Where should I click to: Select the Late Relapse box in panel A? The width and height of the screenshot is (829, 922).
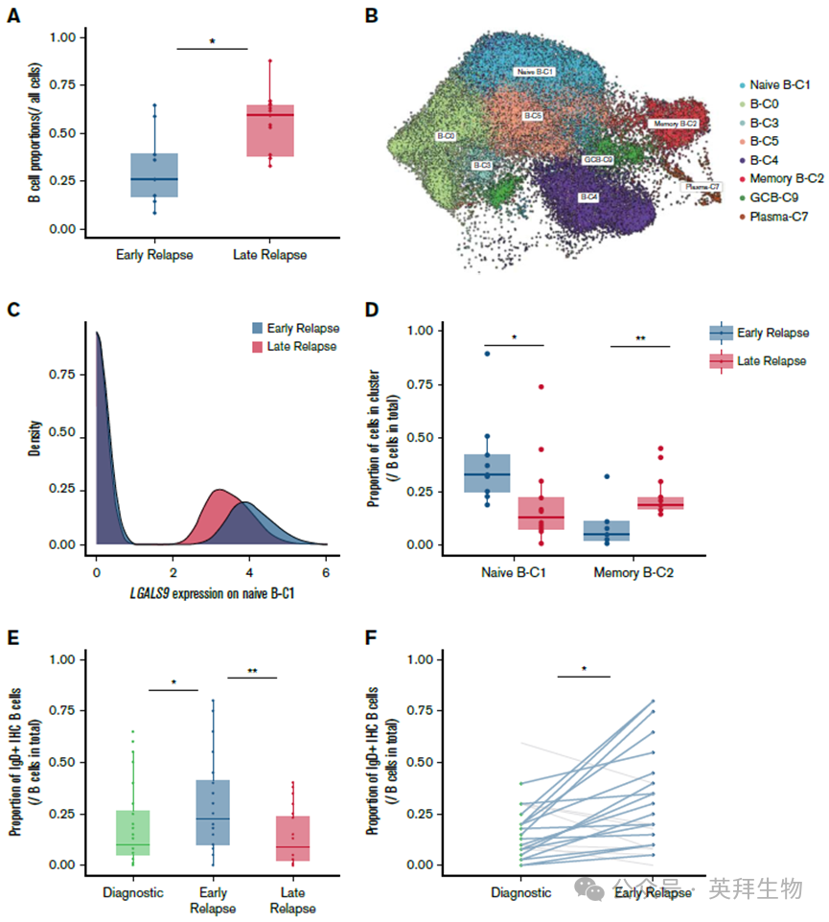pos(270,129)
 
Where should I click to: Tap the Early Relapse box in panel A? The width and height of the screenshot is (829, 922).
pos(153,174)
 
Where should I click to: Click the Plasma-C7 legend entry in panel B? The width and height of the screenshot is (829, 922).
pos(774,217)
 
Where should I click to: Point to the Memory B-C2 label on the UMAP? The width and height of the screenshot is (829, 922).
pos(675,125)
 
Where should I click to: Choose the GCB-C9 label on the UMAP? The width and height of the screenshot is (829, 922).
pos(598,158)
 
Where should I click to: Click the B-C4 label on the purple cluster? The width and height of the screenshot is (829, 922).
pos(587,196)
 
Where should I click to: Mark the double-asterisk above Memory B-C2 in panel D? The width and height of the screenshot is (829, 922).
pos(639,338)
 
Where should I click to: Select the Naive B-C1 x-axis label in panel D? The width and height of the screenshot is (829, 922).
pos(515,572)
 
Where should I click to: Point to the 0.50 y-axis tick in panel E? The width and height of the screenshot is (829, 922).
pos(62,762)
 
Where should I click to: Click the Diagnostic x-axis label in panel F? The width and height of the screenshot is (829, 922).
pos(519,892)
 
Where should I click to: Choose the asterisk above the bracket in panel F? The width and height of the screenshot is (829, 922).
pos(583,668)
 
